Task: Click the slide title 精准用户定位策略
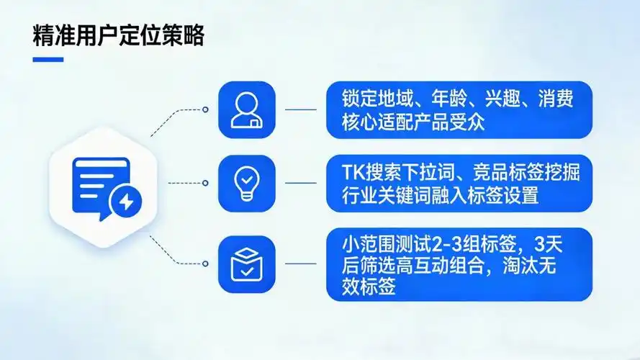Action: [x=118, y=37]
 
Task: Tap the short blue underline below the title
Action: [x=48, y=60]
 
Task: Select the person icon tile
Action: [x=246, y=109]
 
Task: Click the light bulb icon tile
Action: [x=246, y=183]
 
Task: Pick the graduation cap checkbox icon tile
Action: [x=246, y=263]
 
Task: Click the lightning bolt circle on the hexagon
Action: [x=126, y=202]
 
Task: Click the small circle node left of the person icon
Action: [x=205, y=110]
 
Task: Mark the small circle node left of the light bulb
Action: [x=205, y=183]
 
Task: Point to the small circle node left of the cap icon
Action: [x=205, y=263]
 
